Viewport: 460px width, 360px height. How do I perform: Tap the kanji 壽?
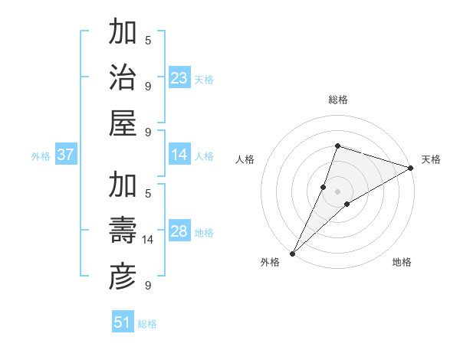pos(123,231)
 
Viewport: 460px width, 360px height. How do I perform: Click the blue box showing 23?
pos(179,77)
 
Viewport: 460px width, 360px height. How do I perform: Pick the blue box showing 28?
pos(179,231)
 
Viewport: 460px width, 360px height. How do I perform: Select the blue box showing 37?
pos(66,155)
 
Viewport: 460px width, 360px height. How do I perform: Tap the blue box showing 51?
pos(123,322)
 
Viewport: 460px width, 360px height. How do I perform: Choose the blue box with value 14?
pos(179,155)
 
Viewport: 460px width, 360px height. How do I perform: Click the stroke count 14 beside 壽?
pos(148,241)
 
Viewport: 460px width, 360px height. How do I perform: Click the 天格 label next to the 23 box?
pos(204,79)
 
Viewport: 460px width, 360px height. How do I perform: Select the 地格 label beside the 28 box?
pos(204,233)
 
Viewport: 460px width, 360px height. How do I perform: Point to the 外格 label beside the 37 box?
pos(41,156)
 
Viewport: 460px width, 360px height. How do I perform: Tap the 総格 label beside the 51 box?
pos(147,324)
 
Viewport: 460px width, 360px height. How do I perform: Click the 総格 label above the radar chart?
pos(338,100)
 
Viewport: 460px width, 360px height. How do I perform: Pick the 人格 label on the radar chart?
pos(245,159)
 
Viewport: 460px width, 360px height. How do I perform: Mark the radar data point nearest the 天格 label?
pos(411,168)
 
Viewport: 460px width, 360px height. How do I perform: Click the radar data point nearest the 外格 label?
pos(292,253)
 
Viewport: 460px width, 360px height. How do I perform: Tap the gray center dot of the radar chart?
pos(338,191)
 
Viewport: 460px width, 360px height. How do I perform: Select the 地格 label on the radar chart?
pos(402,262)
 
